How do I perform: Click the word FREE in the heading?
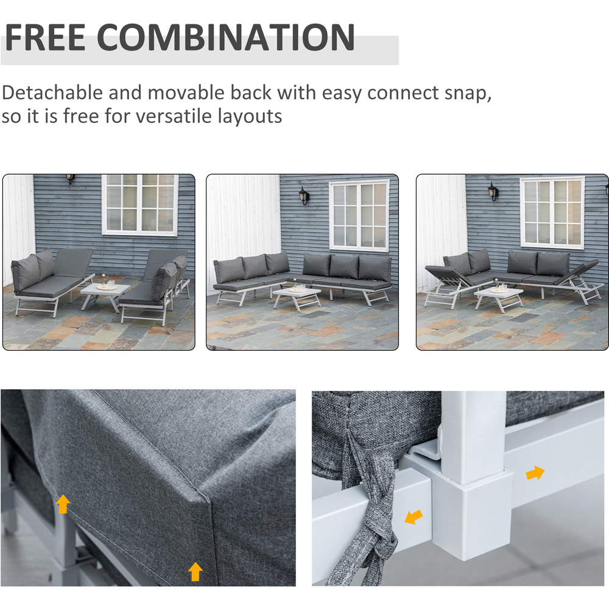46,37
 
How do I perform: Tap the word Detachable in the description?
52,93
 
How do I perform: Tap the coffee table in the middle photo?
297,297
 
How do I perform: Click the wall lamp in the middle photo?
304,195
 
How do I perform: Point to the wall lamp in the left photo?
70,178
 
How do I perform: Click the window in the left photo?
140,205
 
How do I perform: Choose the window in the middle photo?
360,215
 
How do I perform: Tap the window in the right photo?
552,213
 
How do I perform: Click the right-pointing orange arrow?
535,473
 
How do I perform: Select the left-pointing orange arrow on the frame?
414,517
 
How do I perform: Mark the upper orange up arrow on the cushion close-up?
63,504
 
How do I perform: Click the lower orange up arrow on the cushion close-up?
195,572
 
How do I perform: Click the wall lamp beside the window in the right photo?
493,192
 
